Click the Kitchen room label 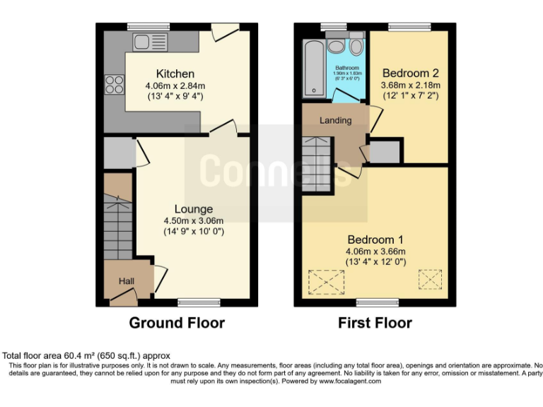pyautogui.click(x=175, y=73)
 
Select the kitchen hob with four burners pyautogui.click(x=114, y=85)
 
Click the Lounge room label pyautogui.click(x=194, y=209)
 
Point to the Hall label pyautogui.click(x=127, y=281)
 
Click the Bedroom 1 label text pyautogui.click(x=375, y=239)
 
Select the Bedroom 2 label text pyautogui.click(x=411, y=73)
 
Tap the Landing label pyautogui.click(x=335, y=120)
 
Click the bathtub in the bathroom pyautogui.click(x=313, y=67)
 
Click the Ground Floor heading pyautogui.click(x=176, y=323)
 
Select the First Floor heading pyautogui.click(x=375, y=323)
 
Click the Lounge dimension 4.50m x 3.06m pyautogui.click(x=194, y=220)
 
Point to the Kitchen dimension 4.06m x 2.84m pyautogui.click(x=175, y=85)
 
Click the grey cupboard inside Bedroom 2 pyautogui.click(x=384, y=151)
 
